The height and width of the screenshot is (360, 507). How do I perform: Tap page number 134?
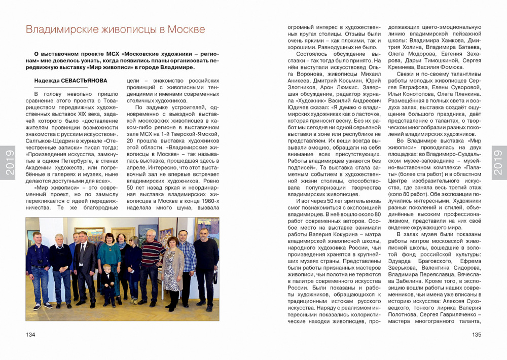(30, 335)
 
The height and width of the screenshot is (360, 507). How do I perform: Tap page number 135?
(476, 335)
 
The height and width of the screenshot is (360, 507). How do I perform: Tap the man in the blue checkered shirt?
(186, 264)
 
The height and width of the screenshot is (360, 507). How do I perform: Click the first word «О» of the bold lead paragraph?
(36, 53)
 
